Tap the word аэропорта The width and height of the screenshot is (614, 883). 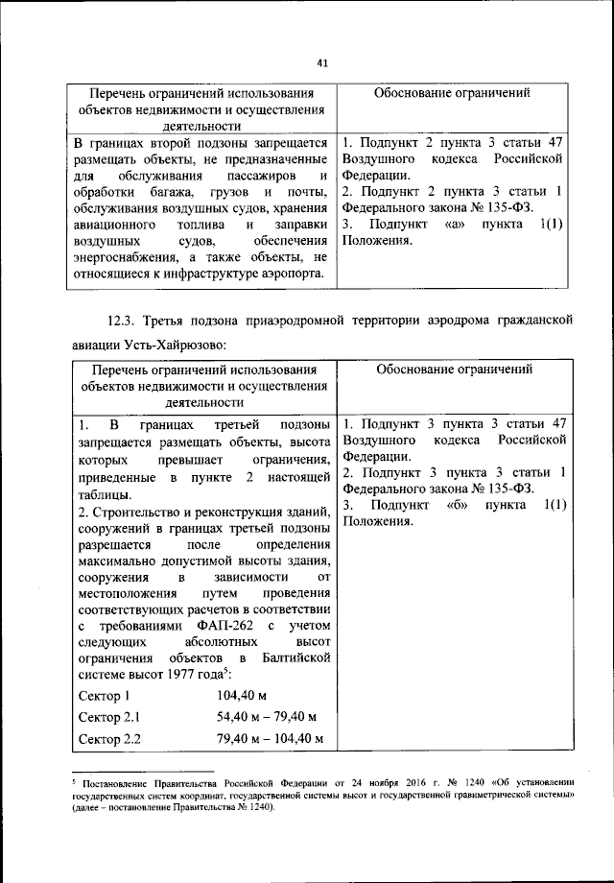click(x=292, y=275)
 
